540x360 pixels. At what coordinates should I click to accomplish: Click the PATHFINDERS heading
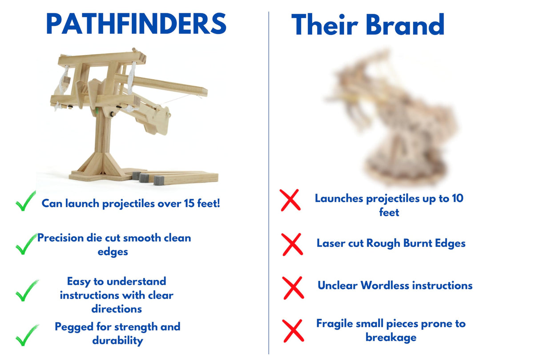[x=136, y=24]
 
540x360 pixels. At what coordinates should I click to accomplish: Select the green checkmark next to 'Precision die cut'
[x=26, y=244]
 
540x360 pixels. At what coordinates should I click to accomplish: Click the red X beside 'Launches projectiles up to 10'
[x=290, y=200]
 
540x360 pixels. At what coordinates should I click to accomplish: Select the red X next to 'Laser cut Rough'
[x=292, y=244]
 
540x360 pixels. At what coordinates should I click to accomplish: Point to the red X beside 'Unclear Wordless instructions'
[x=293, y=287]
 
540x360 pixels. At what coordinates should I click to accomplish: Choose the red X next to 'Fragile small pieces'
[x=293, y=330]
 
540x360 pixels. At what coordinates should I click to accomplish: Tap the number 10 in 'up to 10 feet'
[x=457, y=198]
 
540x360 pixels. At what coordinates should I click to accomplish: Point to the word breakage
[x=391, y=337]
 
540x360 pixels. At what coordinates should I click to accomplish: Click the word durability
[x=118, y=341]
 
